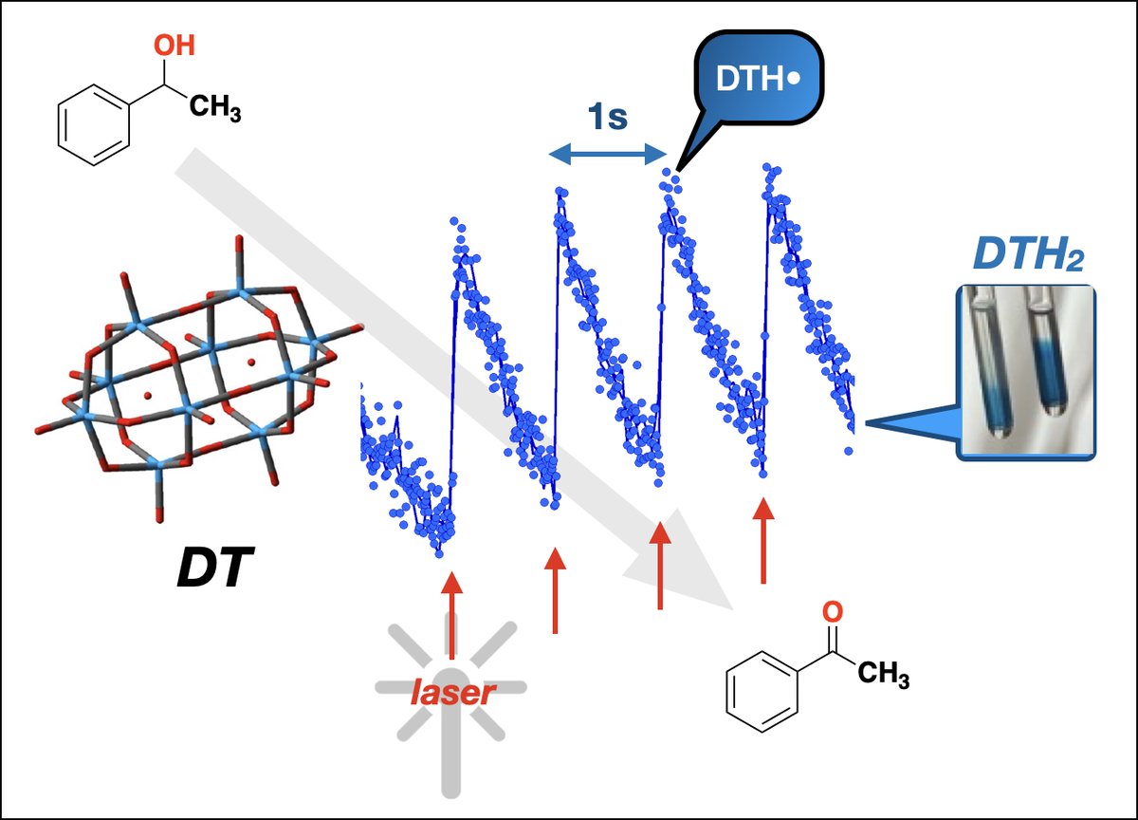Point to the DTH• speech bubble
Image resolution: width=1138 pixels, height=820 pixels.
(x=755, y=80)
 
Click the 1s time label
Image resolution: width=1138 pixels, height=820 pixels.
(x=608, y=121)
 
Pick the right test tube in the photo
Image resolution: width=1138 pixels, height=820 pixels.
(x=1052, y=365)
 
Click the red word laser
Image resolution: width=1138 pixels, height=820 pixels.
(x=452, y=694)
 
